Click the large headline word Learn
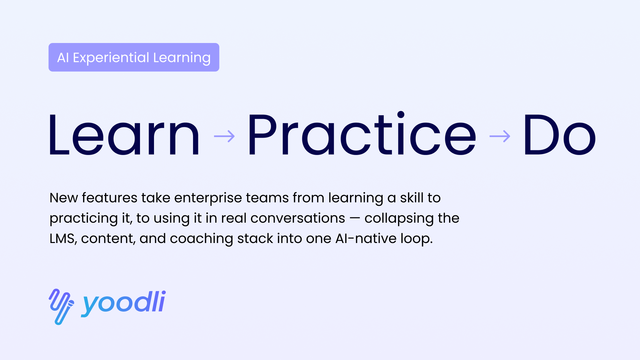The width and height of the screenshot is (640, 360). (x=124, y=135)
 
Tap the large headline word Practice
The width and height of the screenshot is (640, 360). (x=362, y=133)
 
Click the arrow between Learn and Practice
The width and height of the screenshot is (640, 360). (x=224, y=136)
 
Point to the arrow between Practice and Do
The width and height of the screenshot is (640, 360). (x=500, y=136)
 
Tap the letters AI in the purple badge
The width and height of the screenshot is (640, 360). (x=63, y=58)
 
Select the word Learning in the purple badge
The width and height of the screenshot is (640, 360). (x=182, y=58)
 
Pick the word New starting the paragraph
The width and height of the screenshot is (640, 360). (x=64, y=198)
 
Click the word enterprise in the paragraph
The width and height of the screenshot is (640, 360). (x=208, y=198)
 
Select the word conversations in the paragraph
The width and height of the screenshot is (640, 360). (x=298, y=218)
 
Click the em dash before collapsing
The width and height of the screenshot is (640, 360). (x=355, y=219)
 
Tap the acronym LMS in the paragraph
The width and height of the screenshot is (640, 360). (x=62, y=239)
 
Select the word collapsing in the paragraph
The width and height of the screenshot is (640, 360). (x=399, y=219)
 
